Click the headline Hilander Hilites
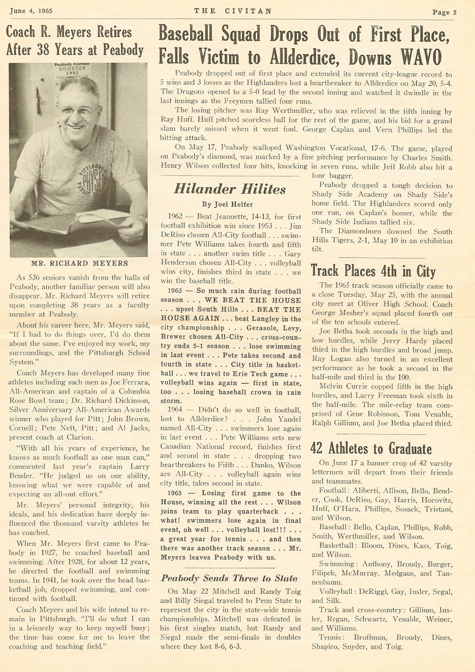tap(229, 189)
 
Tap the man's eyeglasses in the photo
tap(80, 111)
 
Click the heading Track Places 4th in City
tap(373, 270)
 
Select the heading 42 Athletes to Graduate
tap(371, 448)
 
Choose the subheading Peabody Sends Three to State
tap(229, 578)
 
